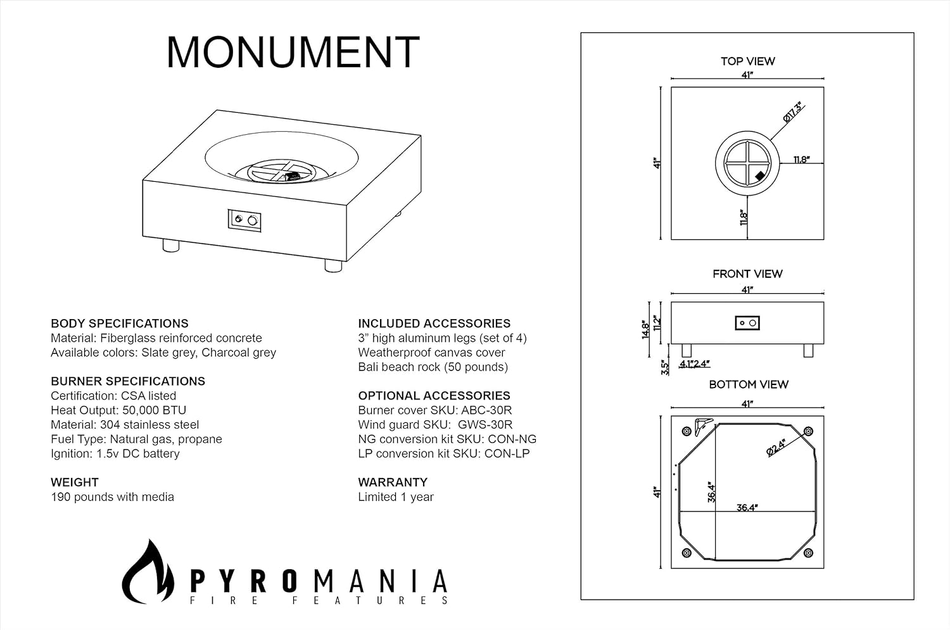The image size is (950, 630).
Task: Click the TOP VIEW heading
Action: tap(747, 61)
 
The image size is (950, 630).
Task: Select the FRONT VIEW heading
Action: tap(747, 274)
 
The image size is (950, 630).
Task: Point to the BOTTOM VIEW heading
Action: tap(749, 384)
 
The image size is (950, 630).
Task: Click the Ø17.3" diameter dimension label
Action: tap(793, 112)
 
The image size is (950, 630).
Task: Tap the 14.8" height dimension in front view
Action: tap(646, 329)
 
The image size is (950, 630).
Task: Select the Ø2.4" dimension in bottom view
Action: tap(776, 447)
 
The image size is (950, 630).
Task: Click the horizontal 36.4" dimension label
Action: tap(747, 507)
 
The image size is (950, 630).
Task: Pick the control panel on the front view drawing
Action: tap(747, 323)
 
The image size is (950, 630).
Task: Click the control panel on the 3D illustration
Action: tap(245, 220)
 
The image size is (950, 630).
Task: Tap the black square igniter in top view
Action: tap(760, 177)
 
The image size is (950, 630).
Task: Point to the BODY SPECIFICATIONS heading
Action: tap(120, 324)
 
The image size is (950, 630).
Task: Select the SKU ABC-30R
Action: tap(486, 410)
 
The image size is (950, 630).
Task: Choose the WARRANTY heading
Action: tap(393, 482)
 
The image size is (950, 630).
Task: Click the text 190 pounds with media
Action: tap(112, 497)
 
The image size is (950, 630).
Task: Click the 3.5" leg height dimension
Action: tap(665, 368)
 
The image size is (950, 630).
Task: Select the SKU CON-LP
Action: tap(507, 453)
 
